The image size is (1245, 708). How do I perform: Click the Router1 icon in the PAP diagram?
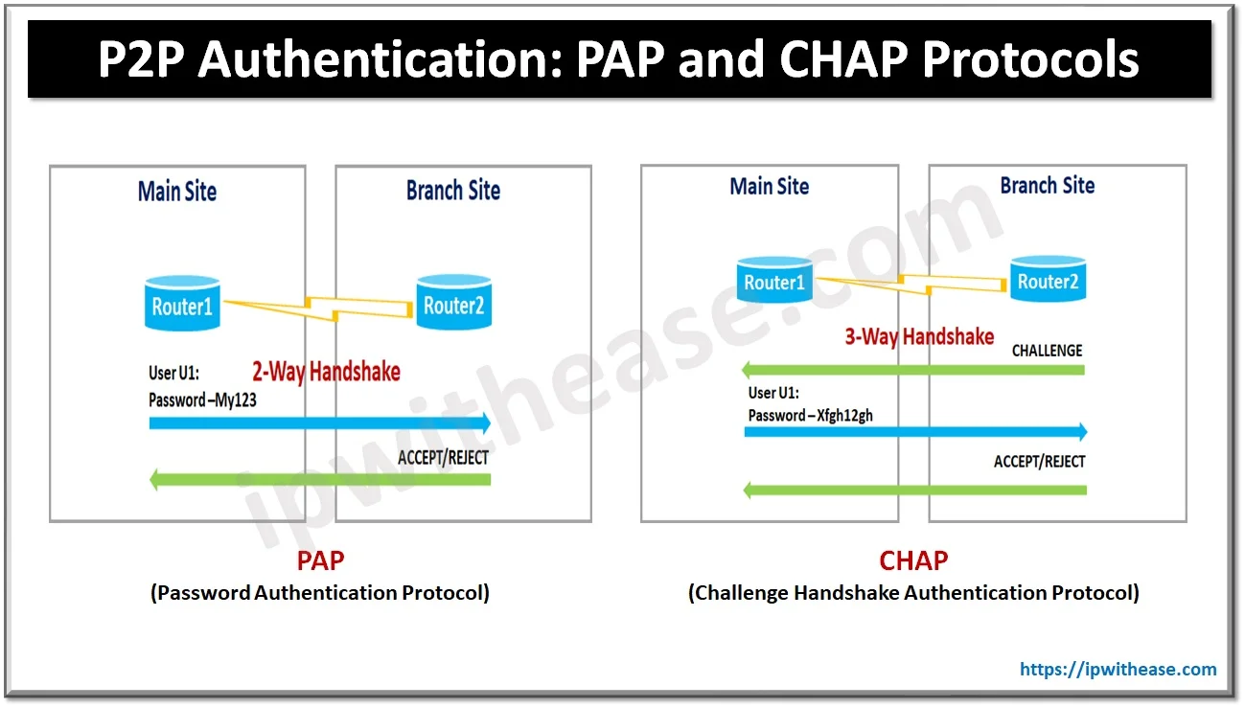point(182,305)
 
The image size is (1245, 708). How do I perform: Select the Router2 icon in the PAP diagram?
point(453,304)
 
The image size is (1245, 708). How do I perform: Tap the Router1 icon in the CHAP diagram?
point(774,280)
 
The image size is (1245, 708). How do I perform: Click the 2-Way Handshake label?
point(326,372)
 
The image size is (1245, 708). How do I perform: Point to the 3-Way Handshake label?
point(918,336)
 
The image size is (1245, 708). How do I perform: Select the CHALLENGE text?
point(1047,351)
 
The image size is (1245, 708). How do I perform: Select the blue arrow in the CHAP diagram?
point(915,432)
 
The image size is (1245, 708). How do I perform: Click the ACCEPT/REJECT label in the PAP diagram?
point(443,457)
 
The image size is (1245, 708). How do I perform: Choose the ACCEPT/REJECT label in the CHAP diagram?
point(1039,461)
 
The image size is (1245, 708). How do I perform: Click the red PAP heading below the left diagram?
point(320,560)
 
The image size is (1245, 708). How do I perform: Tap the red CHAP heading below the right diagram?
point(913,560)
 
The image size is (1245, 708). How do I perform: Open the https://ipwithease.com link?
point(1118,670)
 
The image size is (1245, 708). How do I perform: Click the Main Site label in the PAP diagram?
point(177,191)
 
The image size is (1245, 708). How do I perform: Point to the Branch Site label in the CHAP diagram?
point(1047,186)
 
